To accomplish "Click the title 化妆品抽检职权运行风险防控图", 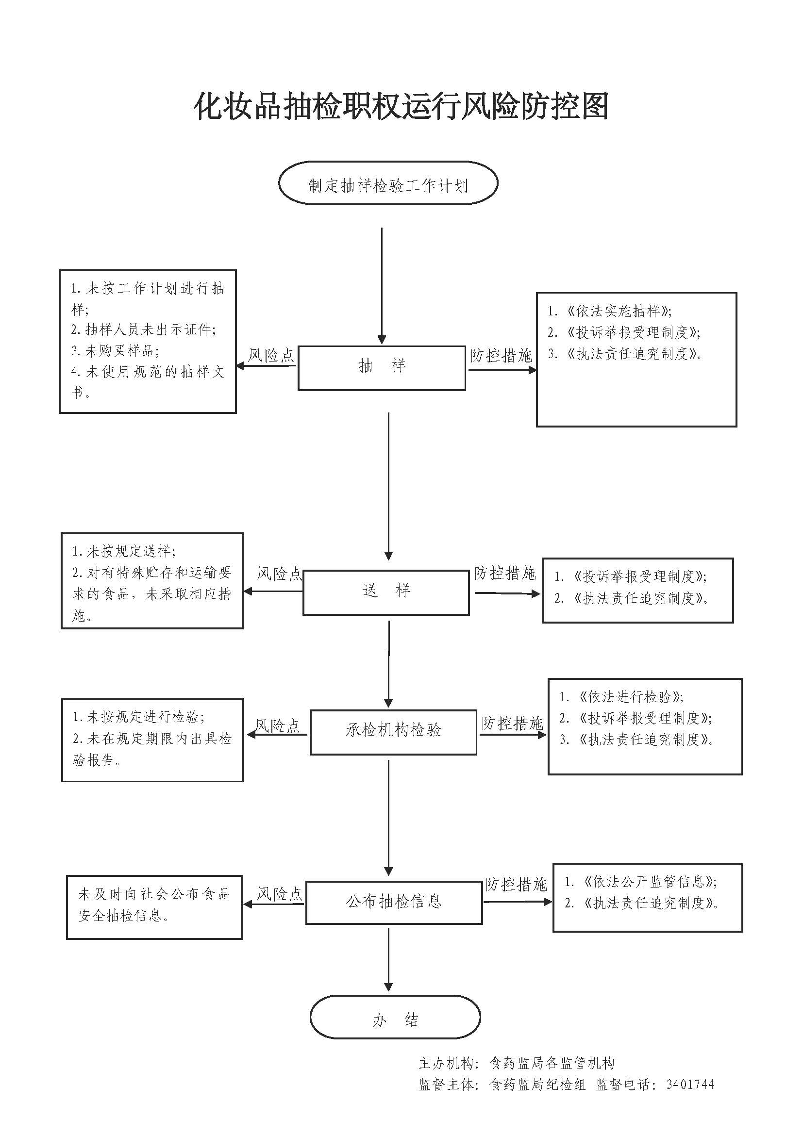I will tap(401, 106).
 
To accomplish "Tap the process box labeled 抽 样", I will tap(382, 368).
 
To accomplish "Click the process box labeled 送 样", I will tap(386, 592).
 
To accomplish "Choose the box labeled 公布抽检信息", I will tap(394, 902).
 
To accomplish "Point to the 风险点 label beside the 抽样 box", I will tap(270, 355).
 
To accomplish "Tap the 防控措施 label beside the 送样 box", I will tap(505, 574).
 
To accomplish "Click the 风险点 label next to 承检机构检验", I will tap(277, 725).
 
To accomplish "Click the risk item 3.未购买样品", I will tap(115, 351).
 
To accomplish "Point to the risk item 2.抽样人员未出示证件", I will tap(143, 329).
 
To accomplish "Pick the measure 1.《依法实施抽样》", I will tap(609, 312).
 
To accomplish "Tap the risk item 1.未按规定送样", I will tap(124, 551).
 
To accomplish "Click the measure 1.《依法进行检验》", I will tap(621, 697).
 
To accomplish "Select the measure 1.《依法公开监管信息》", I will tap(641, 881).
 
